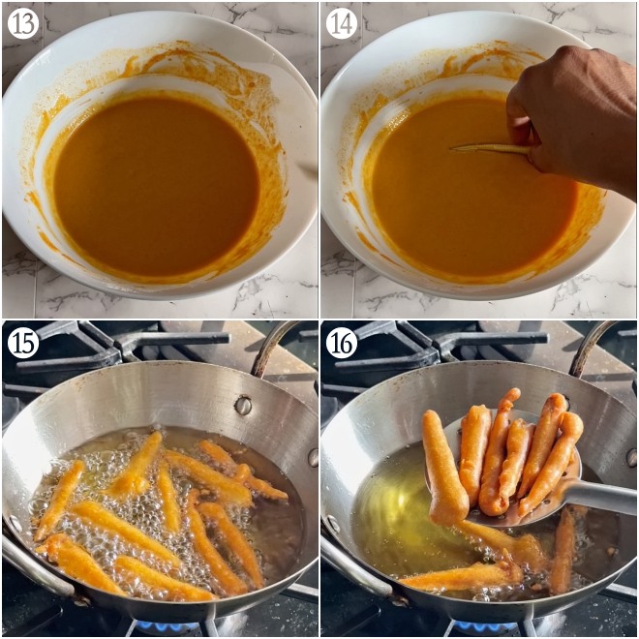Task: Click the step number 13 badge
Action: [x=23, y=23]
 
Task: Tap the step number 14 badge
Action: [x=341, y=23]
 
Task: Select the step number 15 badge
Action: [x=23, y=343]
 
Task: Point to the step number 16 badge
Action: [x=341, y=343]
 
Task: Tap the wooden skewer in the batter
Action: [x=484, y=148]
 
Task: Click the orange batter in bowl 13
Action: [x=155, y=184]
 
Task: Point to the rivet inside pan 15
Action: [x=243, y=405]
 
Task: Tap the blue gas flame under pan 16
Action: [x=484, y=627]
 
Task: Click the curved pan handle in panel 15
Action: [x=272, y=347]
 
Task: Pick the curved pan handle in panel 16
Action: [x=591, y=347]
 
